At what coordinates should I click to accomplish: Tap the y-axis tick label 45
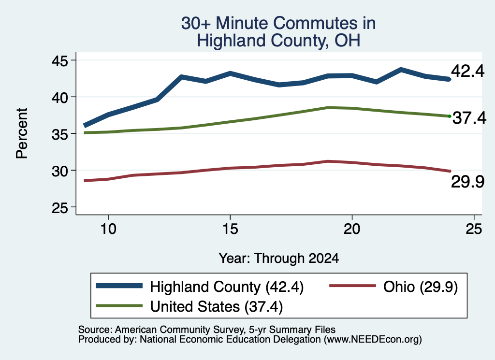[x=60, y=60]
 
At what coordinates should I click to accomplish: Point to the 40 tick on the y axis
[x=60, y=97]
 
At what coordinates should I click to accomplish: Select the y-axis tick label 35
[x=60, y=134]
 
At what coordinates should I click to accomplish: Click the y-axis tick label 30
[x=60, y=171]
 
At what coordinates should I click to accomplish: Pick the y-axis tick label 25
[x=60, y=208]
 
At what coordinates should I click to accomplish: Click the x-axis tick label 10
[x=108, y=229]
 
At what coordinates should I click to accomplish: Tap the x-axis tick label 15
[x=230, y=229]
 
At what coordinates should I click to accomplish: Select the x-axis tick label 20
[x=352, y=229]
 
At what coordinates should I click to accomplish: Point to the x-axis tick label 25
[x=474, y=229]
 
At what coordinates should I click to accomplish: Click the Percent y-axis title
[x=22, y=133]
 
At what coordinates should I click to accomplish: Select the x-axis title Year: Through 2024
[x=279, y=259]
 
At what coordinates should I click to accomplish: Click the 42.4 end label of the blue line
[x=467, y=71]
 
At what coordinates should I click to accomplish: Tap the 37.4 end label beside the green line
[x=469, y=118]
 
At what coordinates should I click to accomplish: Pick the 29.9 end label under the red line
[x=467, y=182]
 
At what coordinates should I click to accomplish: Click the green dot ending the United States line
[x=450, y=116]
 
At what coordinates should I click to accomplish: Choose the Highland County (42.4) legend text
[x=227, y=287]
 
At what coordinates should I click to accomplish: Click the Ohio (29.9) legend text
[x=421, y=287]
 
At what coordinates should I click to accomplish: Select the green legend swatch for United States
[x=119, y=305]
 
